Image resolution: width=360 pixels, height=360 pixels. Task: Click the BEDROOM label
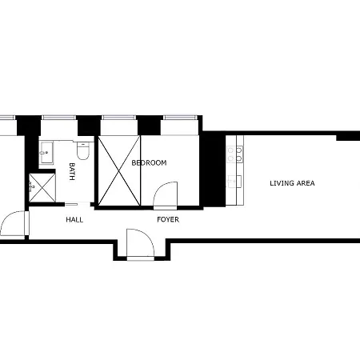149,163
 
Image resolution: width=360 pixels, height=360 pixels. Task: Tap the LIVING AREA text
292,183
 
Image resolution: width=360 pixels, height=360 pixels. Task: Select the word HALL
74,218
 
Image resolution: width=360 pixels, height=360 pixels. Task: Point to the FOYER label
167,218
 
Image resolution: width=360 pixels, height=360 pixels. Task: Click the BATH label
72,171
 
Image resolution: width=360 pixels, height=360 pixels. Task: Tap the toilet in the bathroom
82,151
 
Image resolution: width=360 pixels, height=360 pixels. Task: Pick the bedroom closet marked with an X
118,169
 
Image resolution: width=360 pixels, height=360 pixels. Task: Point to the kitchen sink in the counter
234,181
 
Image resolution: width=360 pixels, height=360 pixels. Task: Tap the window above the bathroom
58,119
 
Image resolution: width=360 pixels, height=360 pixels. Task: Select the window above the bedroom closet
119,119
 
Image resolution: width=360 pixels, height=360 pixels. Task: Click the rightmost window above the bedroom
181,119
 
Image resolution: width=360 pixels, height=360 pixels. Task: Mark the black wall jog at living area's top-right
347,138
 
